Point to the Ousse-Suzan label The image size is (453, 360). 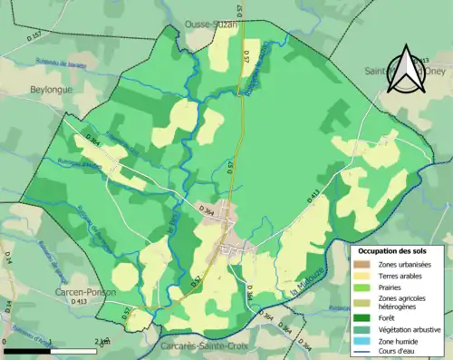pos(210,24)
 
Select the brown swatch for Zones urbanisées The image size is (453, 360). pos(363,264)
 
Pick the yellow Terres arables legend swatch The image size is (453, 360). pos(363,276)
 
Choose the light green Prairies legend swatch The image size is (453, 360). pos(363,287)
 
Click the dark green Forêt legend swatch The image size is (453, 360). pos(363,317)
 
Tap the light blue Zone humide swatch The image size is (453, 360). pos(363,341)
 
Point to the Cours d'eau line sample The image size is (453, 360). pos(363,352)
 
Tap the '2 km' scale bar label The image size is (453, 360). pos(102,342)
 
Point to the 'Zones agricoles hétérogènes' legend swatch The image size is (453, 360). pos(363,303)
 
